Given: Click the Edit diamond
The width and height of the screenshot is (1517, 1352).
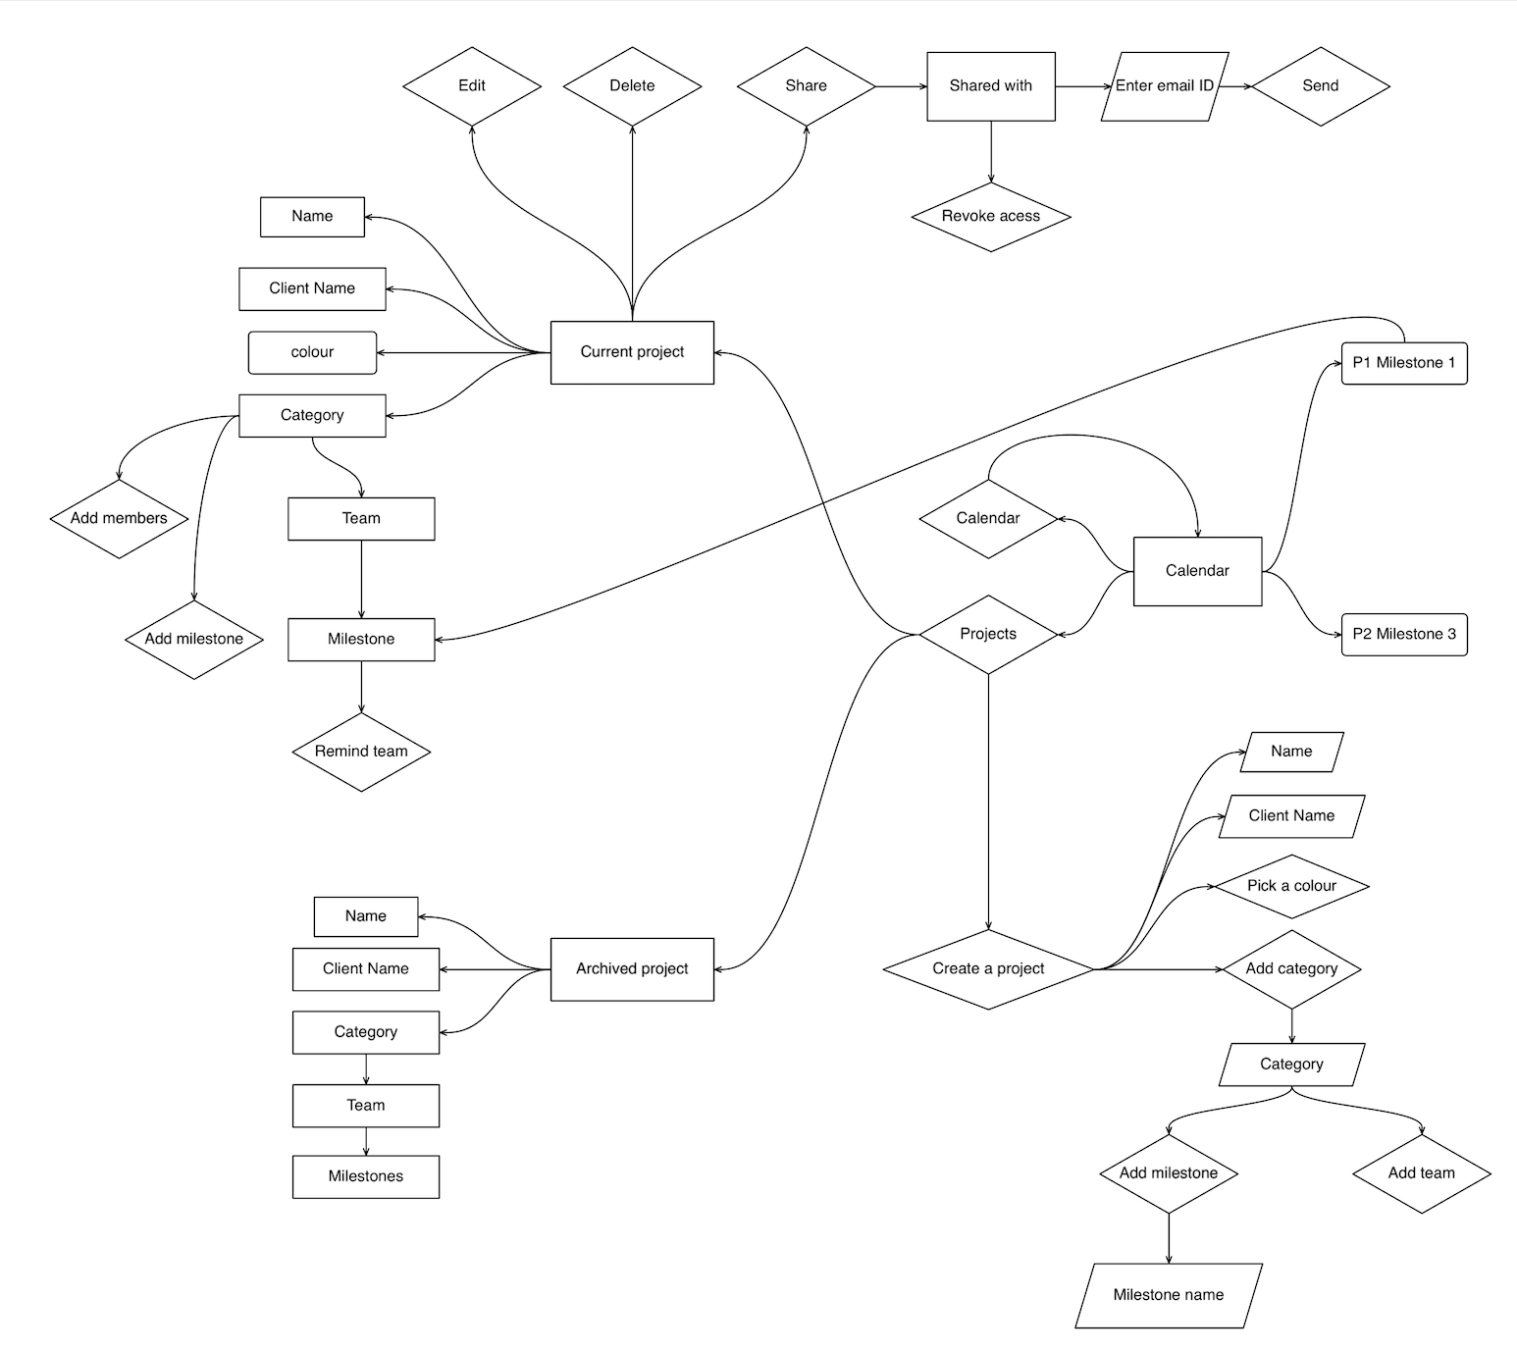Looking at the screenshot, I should click(472, 86).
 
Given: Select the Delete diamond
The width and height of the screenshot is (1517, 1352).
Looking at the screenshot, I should click(632, 86).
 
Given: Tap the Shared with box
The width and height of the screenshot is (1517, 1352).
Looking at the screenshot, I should click(990, 86).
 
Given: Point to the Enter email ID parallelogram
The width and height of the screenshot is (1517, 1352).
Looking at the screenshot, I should click(1164, 86).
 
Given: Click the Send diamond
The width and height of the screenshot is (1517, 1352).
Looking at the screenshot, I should click(1320, 86).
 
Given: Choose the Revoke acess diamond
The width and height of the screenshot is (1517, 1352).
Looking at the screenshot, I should click(990, 216).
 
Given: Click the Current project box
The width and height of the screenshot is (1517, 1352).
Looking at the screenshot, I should click(632, 352).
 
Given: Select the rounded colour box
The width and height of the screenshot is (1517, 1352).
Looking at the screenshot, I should click(312, 352).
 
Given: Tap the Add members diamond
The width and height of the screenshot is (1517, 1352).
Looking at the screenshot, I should click(119, 518).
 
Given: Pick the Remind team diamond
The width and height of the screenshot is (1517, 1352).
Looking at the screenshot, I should click(361, 752).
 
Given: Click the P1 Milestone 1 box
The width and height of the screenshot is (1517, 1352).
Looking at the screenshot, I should click(1403, 363).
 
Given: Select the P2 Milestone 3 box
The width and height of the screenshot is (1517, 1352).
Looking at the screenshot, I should click(1403, 634).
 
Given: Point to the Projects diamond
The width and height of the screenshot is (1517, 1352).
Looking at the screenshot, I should click(987, 634).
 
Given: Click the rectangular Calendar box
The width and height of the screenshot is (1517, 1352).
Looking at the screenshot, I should click(1197, 571).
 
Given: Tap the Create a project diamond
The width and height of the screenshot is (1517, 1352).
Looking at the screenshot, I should click(987, 969).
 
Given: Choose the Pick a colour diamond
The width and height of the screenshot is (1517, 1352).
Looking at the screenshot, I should click(1291, 886).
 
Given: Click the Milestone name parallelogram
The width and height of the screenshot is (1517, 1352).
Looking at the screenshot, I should click(1168, 1295).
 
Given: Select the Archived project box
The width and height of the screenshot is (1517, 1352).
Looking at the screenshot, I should click(632, 969).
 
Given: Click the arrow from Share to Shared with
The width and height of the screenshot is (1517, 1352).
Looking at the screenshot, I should click(901, 86).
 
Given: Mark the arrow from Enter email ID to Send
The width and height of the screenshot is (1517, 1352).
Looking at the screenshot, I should click(1234, 86).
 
